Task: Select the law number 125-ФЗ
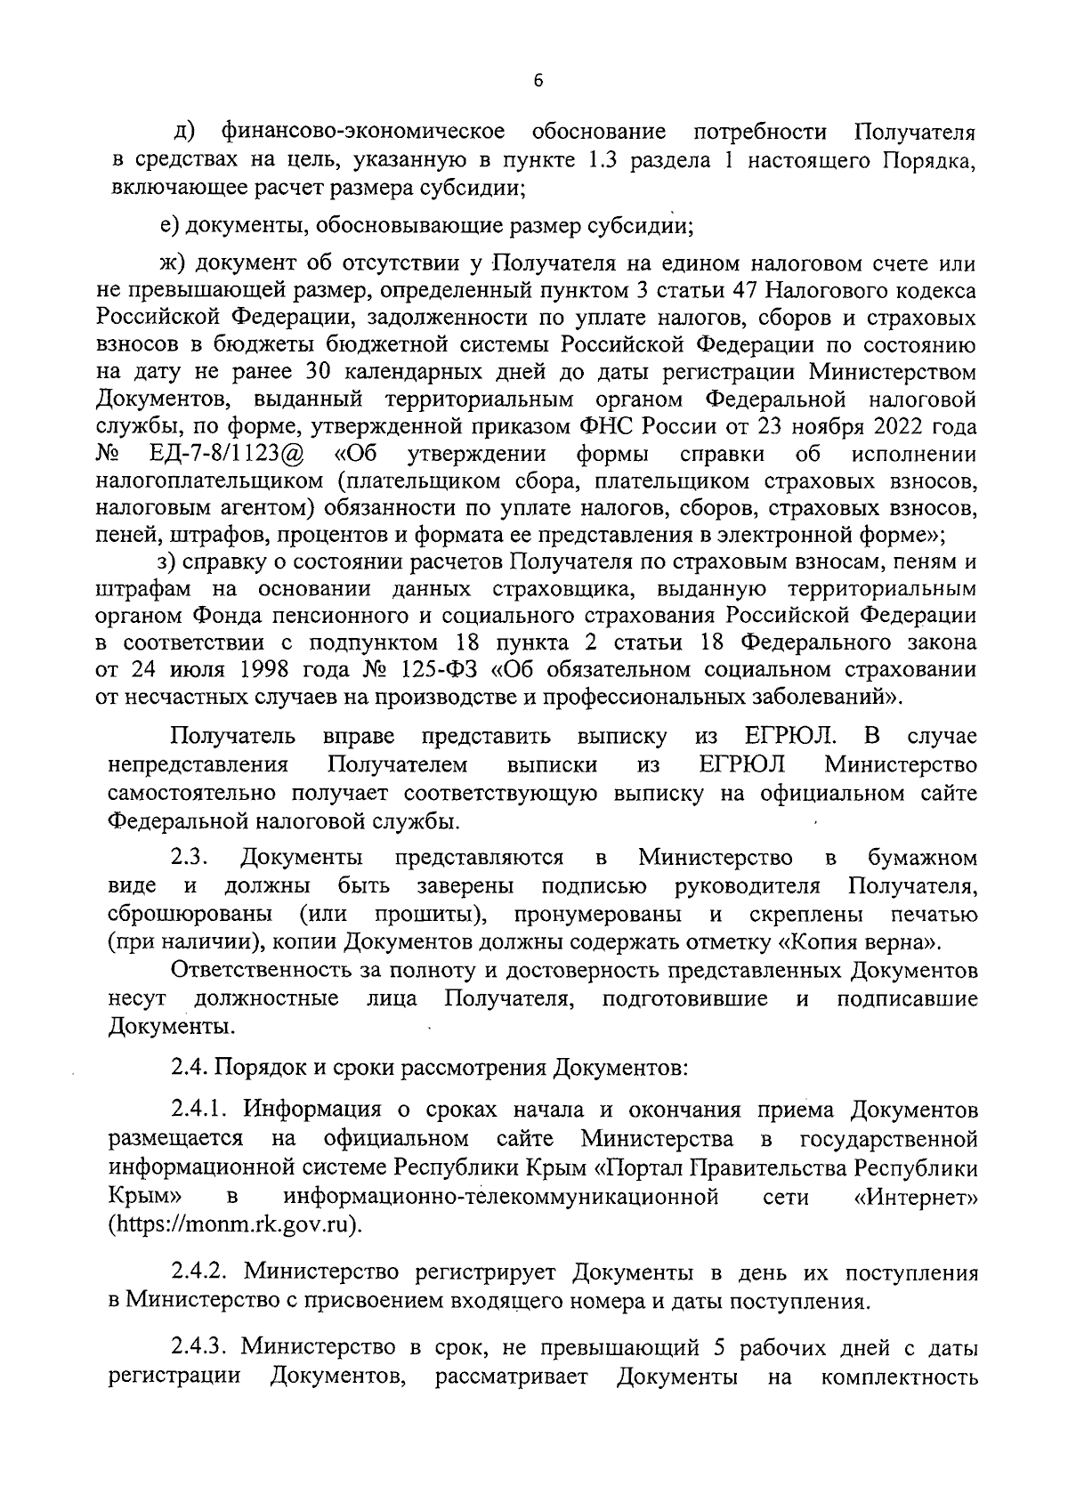coord(428,668)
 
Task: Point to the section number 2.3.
coord(189,858)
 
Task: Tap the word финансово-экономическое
coord(363,133)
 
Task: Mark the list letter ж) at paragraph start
coord(170,264)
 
